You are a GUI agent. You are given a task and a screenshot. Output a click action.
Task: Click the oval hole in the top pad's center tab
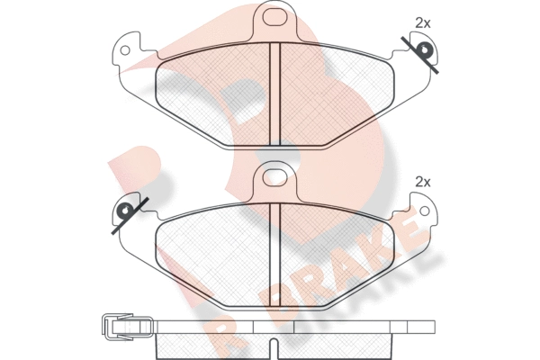click(275, 16)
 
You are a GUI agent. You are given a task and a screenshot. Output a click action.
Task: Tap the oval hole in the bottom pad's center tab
click(275, 177)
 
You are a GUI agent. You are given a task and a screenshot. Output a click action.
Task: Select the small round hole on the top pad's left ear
click(125, 50)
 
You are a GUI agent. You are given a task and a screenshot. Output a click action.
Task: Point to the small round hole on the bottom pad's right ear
click(425, 211)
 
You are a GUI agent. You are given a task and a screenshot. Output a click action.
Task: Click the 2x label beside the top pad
click(423, 23)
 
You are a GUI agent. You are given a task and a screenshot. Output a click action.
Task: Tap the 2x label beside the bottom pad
click(423, 182)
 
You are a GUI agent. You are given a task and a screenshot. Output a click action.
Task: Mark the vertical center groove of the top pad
click(275, 94)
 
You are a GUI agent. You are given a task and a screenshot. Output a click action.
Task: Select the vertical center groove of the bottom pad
click(275, 255)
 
